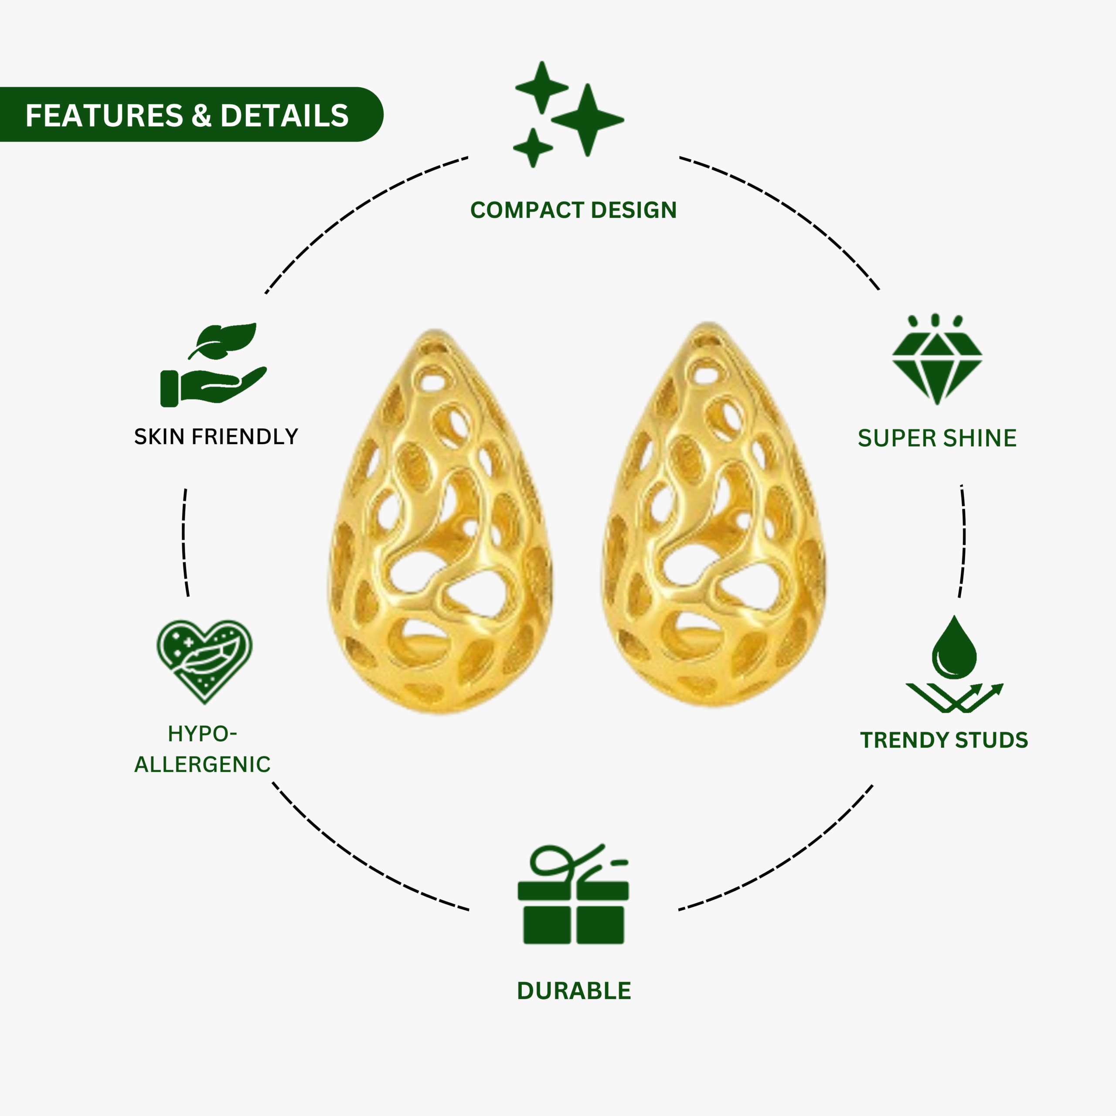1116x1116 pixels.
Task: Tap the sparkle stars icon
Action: tap(569, 114)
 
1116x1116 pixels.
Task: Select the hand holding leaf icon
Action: tap(214, 364)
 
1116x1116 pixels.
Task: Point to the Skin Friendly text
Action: tap(216, 437)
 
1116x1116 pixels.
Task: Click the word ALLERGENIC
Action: tap(202, 764)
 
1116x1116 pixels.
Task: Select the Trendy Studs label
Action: tap(944, 741)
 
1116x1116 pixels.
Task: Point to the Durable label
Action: tap(574, 990)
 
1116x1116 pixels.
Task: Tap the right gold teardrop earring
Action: tap(714, 514)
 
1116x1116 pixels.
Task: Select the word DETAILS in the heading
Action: tap(284, 116)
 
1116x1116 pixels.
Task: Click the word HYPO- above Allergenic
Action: tap(202, 734)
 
